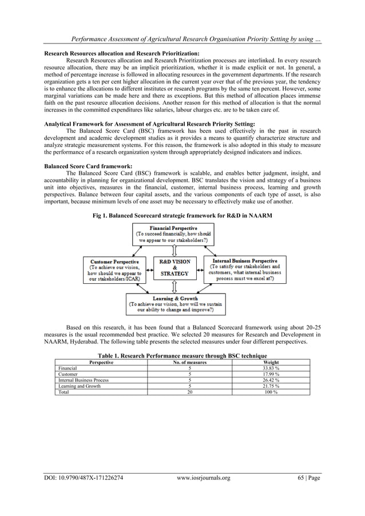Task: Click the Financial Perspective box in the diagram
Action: pos(173,234)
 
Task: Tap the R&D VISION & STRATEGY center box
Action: pos(174,268)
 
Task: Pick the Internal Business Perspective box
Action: pos(245,270)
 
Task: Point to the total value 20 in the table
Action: pos(189,392)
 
